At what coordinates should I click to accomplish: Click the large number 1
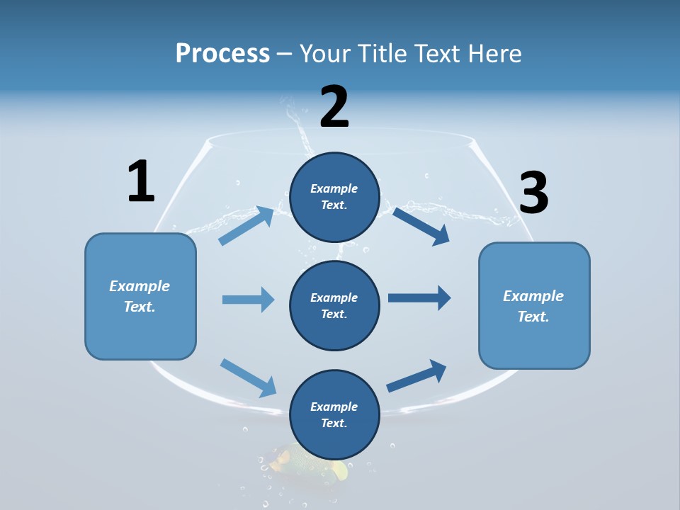coord(141,182)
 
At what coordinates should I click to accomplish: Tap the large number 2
coord(334,107)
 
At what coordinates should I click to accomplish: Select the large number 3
coord(534,193)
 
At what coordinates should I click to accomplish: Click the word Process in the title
coord(222,53)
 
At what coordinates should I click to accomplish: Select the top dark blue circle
coord(334,197)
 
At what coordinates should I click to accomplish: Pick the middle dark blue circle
coord(334,305)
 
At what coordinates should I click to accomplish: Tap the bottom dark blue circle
coord(334,414)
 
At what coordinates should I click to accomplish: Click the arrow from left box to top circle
coord(246,225)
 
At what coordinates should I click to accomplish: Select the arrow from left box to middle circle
coord(248,300)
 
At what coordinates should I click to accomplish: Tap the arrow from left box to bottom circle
coord(248,378)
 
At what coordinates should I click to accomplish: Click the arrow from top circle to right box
coord(421,226)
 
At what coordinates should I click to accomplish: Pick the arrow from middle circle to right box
coord(419,298)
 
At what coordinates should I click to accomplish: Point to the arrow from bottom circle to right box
coord(416,376)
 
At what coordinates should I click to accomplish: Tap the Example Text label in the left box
coord(140,296)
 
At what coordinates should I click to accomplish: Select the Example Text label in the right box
coord(533,306)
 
